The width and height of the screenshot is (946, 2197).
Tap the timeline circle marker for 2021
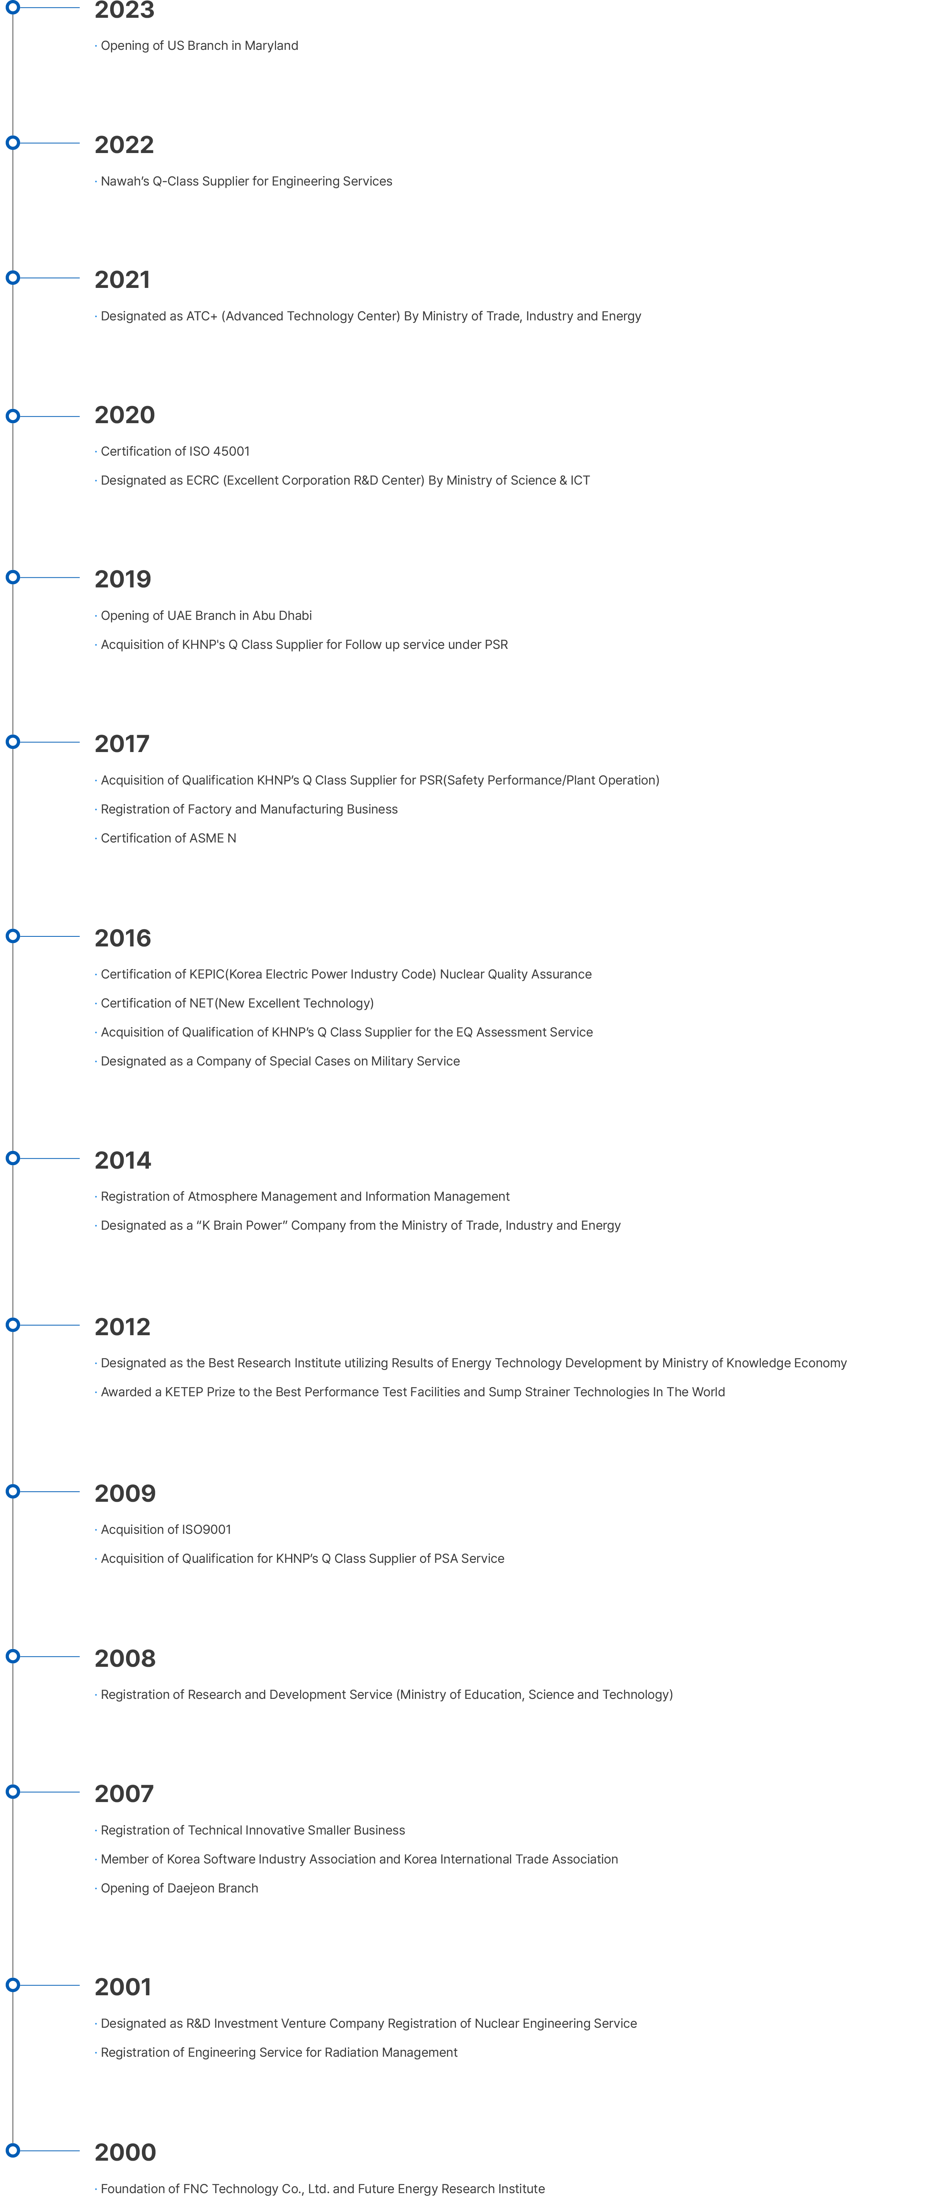(x=13, y=277)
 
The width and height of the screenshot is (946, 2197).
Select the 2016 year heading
(x=123, y=938)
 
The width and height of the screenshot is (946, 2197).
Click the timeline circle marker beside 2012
(x=13, y=1324)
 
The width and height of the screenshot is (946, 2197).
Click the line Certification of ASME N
(x=168, y=838)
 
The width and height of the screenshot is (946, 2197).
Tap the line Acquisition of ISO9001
(x=165, y=1529)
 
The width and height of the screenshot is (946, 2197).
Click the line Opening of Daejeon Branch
(x=179, y=1888)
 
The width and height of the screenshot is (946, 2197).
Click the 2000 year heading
(x=125, y=2152)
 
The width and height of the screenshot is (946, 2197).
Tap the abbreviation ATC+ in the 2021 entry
(x=202, y=317)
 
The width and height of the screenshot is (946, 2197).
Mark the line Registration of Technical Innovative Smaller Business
(x=252, y=1830)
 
